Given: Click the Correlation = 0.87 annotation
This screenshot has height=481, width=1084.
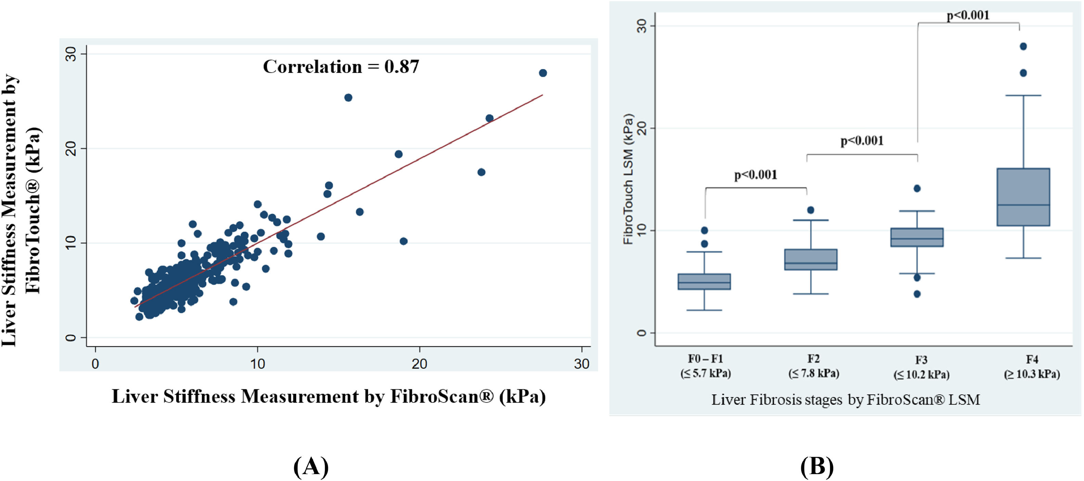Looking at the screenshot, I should (x=341, y=66).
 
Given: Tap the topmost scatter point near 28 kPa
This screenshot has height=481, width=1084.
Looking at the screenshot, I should (x=543, y=73).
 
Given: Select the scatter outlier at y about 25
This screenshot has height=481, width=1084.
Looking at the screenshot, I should (x=348, y=97).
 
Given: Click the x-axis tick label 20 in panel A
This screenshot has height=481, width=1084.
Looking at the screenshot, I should (x=419, y=363).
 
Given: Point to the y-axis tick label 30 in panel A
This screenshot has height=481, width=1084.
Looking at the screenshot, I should (x=71, y=54).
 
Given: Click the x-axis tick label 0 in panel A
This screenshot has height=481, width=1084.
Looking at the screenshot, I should (x=95, y=363).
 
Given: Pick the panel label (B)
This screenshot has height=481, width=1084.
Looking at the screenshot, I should (x=817, y=467).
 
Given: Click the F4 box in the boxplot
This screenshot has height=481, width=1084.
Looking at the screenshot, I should (x=1023, y=197).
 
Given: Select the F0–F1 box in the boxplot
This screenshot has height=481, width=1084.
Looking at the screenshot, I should (x=704, y=281).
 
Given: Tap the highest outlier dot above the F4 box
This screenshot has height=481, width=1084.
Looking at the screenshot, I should (x=1023, y=46).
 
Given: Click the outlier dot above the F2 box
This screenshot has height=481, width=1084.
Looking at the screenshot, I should (x=811, y=210).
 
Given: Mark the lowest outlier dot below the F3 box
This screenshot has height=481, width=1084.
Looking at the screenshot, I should (x=917, y=294).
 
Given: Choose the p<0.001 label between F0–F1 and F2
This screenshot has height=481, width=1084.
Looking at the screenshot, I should (x=755, y=175).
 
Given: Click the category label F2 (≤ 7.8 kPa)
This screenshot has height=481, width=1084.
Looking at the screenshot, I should (x=813, y=366).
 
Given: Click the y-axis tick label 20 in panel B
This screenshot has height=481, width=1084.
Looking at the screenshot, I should (x=641, y=128).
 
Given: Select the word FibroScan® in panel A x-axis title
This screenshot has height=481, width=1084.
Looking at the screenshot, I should (x=442, y=396).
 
